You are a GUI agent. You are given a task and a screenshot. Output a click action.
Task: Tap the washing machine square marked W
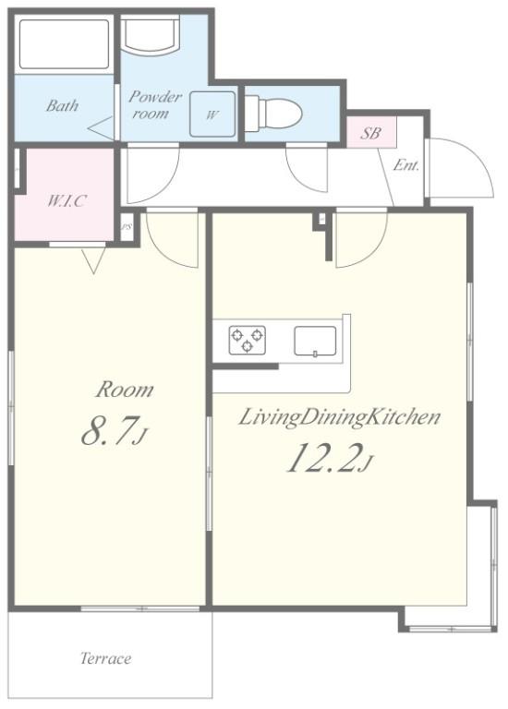click(212, 114)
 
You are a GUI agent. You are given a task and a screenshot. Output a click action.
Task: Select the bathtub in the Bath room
click(64, 44)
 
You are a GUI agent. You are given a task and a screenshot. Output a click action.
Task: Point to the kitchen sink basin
click(315, 341)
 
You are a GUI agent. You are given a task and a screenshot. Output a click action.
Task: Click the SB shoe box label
click(370, 133)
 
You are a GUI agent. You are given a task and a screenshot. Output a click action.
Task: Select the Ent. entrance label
click(405, 165)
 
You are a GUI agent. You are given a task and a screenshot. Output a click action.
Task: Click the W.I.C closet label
click(67, 200)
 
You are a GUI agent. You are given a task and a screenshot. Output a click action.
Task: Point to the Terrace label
click(106, 658)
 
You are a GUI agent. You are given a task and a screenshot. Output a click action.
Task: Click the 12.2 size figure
click(330, 459)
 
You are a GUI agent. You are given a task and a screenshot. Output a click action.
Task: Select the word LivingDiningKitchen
click(339, 417)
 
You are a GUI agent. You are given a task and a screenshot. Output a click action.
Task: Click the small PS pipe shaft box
click(127, 227)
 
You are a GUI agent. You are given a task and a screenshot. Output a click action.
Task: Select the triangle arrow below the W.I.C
click(93, 260)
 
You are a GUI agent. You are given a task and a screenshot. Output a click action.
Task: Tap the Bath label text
click(63, 106)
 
